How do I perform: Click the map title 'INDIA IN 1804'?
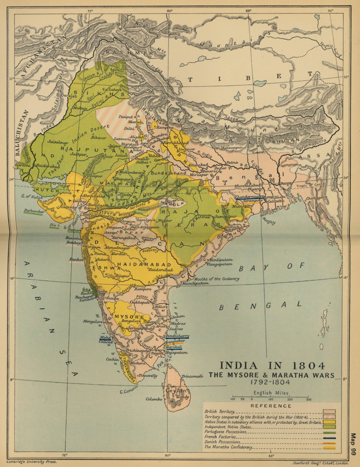[x=272, y=366]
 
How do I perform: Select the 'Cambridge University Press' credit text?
[x=32, y=462]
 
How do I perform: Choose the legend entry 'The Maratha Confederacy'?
[x=229, y=447]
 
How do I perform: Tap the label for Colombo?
[x=154, y=399]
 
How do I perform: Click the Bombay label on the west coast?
[x=73, y=242]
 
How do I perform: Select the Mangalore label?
[x=93, y=321]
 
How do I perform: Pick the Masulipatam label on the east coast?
[x=195, y=283]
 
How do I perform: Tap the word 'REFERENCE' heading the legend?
[x=271, y=405]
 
